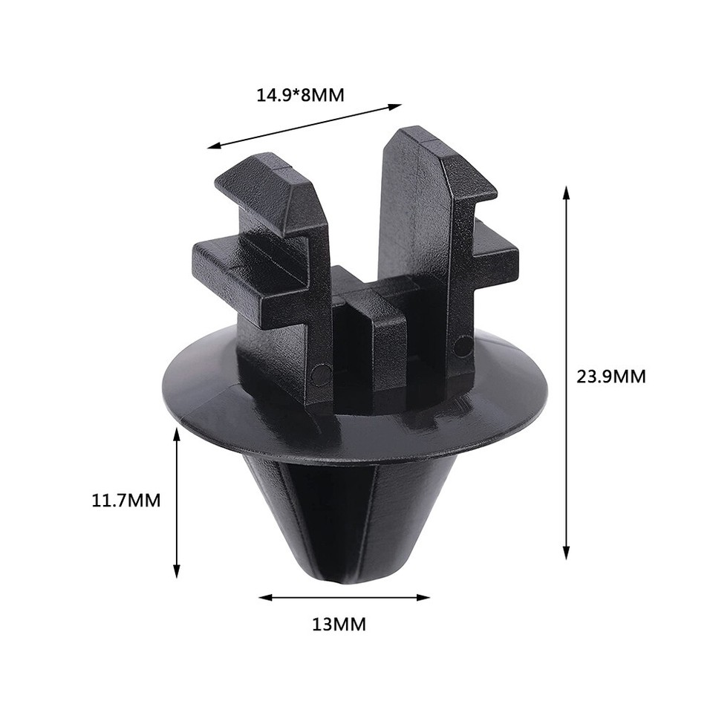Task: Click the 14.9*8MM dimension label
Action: pos(300,95)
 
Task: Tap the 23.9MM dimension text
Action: pos(611,377)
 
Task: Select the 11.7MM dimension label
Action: pos(126,500)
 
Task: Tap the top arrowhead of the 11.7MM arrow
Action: pos(176,432)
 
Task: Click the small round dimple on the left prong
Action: pos(320,375)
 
